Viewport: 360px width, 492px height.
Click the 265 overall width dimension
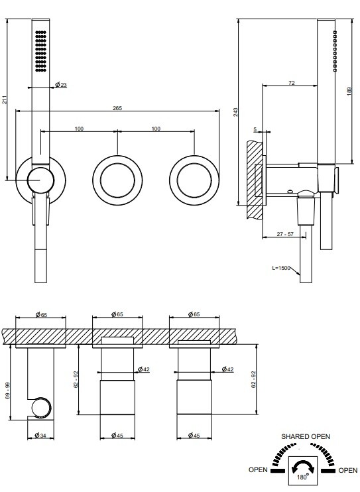click(117, 108)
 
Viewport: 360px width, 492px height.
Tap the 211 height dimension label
click(5, 100)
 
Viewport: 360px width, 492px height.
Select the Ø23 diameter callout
click(61, 85)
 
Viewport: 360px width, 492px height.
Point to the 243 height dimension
click(235, 112)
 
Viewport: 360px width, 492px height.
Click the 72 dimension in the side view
click(291, 83)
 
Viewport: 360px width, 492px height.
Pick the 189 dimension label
click(349, 92)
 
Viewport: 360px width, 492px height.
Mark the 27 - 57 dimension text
click(285, 234)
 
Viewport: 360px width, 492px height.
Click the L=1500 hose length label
click(281, 268)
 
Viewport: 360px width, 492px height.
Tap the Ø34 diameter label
click(40, 435)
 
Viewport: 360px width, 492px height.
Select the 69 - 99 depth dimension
click(8, 391)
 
